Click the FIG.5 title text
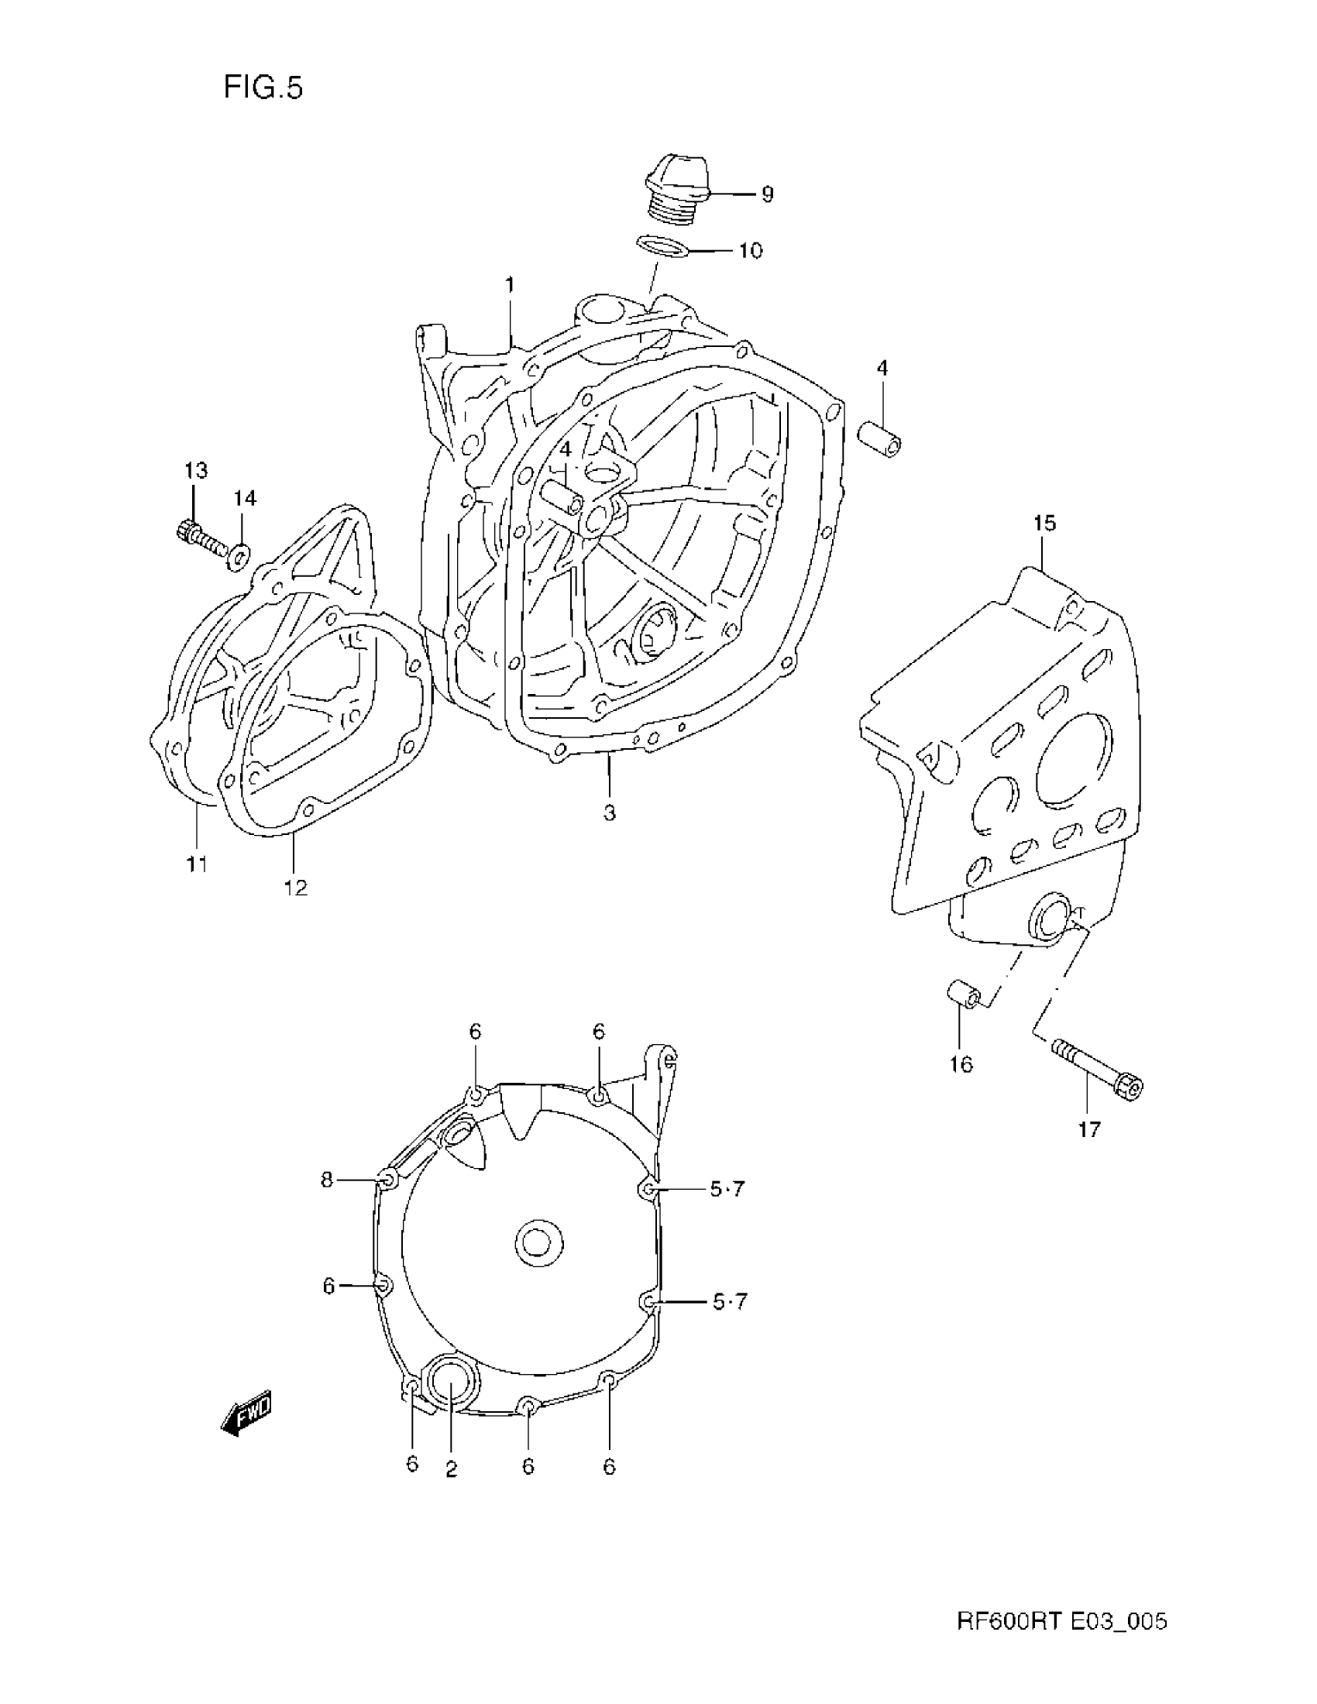pos(263,88)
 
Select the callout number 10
pos(750,251)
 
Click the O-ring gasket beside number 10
pos(662,246)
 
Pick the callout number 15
pos(1045,523)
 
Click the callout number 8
pos(327,1180)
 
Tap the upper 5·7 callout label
pos(727,1189)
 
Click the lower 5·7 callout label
pos(729,1301)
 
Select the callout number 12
pos(296,888)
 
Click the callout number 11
pos(197,864)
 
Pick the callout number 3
pos(610,813)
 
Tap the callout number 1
pos(510,286)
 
